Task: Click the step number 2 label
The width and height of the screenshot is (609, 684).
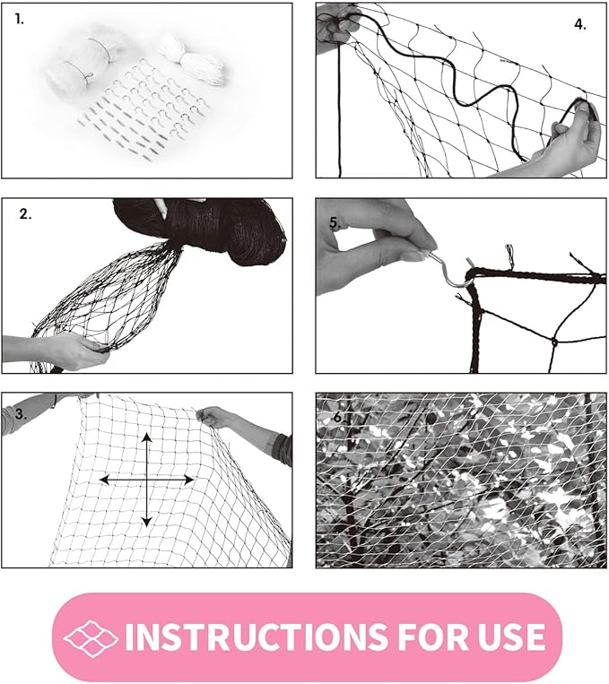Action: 26,214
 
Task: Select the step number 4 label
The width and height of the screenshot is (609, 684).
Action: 579,24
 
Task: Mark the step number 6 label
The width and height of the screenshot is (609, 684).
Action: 337,418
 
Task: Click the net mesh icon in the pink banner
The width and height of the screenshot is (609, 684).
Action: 91,636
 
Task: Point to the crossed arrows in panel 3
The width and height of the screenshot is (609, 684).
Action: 146,480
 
